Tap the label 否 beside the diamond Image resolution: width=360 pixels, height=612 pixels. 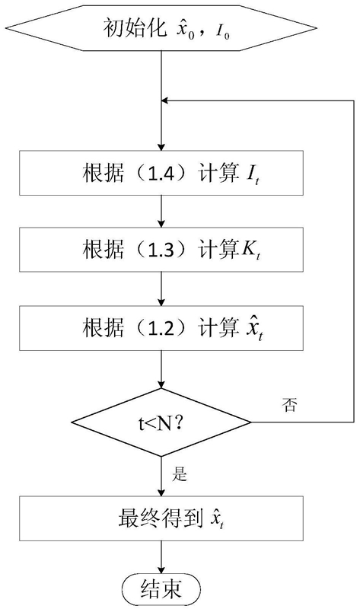click(x=289, y=406)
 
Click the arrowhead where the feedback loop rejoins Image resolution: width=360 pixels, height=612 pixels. click(x=164, y=100)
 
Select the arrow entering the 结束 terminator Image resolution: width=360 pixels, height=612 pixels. click(x=161, y=559)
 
